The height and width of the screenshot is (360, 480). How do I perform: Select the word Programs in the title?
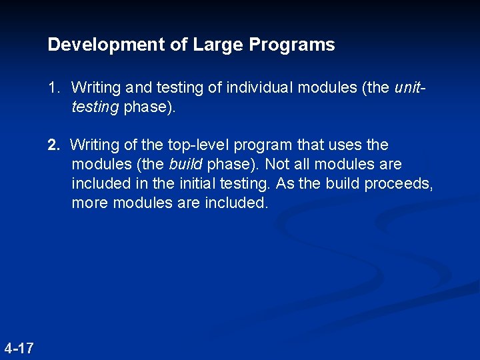coord(292,45)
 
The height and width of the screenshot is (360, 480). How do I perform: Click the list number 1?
coord(53,87)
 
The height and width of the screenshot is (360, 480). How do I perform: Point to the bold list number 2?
coord(53,145)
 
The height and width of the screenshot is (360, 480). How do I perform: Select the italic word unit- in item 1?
coord(411,87)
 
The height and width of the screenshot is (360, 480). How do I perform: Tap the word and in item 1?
coord(139,87)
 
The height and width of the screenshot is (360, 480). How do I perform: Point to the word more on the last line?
coord(90,203)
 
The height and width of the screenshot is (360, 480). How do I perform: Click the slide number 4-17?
coord(19,348)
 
